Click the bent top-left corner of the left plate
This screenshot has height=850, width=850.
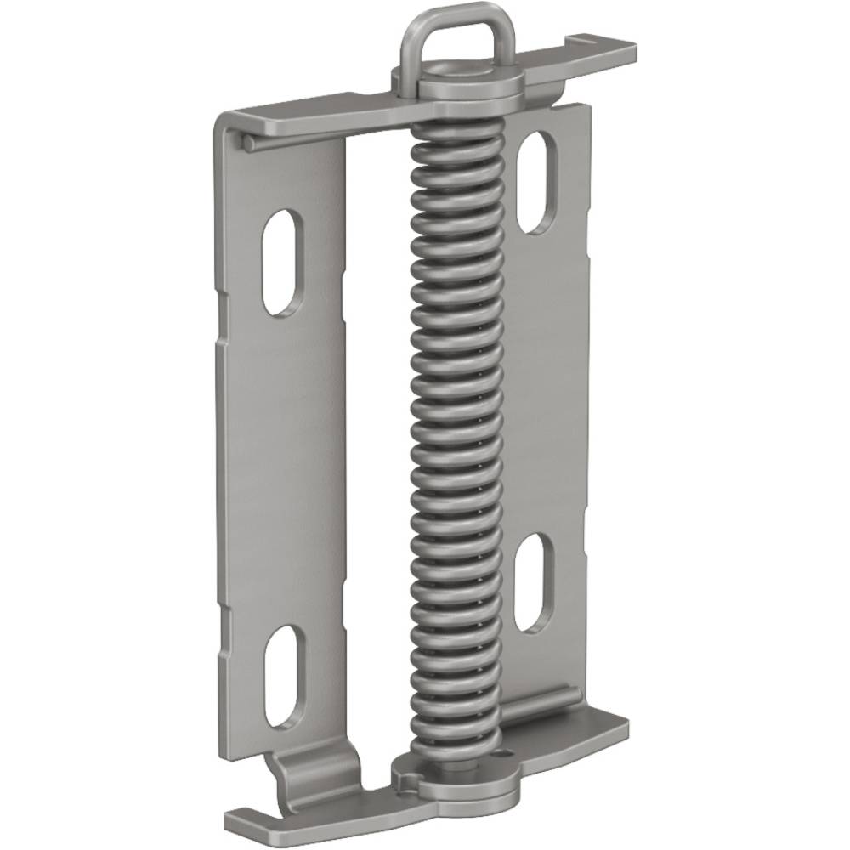223,123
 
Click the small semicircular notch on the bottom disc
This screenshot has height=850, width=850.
408,778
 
